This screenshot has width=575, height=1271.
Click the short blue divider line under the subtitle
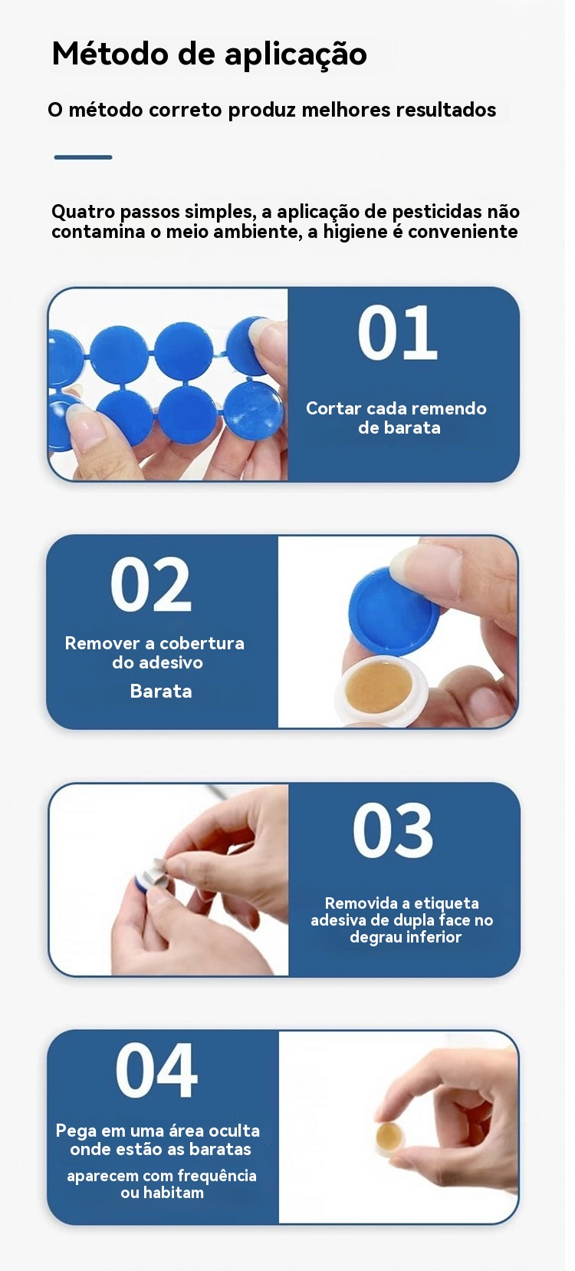(x=83, y=157)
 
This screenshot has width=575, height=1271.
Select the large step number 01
(x=397, y=332)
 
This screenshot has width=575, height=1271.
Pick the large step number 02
(x=150, y=584)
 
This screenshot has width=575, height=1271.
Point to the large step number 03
(x=393, y=830)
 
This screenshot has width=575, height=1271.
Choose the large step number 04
(x=156, y=1070)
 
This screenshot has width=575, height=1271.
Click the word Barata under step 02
(x=161, y=691)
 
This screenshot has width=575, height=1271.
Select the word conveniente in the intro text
(x=463, y=232)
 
